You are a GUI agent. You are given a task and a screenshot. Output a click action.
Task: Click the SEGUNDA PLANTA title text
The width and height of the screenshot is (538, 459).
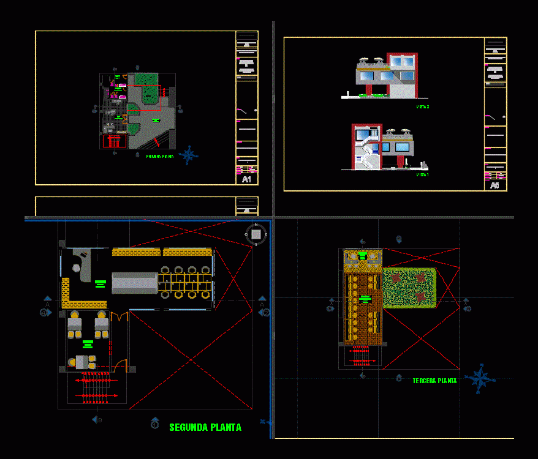[x=205, y=428]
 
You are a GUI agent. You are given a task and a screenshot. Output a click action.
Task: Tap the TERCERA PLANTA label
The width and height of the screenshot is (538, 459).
[x=434, y=381]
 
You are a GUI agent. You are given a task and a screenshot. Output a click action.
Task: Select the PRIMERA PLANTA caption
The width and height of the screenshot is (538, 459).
[x=160, y=157]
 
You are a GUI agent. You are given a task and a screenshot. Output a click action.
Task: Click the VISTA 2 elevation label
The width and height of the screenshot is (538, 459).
[x=423, y=106]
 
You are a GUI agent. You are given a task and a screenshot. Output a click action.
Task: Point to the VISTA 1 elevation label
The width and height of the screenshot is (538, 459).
[x=423, y=174]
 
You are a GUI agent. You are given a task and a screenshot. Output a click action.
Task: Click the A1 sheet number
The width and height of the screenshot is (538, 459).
[x=246, y=179]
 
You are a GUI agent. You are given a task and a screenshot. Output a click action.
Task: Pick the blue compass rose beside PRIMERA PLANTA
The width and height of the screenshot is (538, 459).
[x=188, y=155]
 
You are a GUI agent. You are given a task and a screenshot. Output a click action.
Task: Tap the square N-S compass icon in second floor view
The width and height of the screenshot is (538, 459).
[x=256, y=234]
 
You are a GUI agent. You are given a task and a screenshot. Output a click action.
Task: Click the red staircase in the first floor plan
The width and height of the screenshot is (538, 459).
[x=113, y=141]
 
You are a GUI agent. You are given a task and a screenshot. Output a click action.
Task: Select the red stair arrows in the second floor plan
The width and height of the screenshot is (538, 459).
[x=96, y=388]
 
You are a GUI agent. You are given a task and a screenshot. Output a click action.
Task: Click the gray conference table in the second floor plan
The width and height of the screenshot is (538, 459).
[x=134, y=283]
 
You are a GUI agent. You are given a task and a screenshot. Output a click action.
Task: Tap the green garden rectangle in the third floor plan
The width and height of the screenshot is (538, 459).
[x=409, y=287]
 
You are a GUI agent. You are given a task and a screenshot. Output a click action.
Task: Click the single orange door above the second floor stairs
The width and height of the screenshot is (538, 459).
[x=121, y=365]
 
